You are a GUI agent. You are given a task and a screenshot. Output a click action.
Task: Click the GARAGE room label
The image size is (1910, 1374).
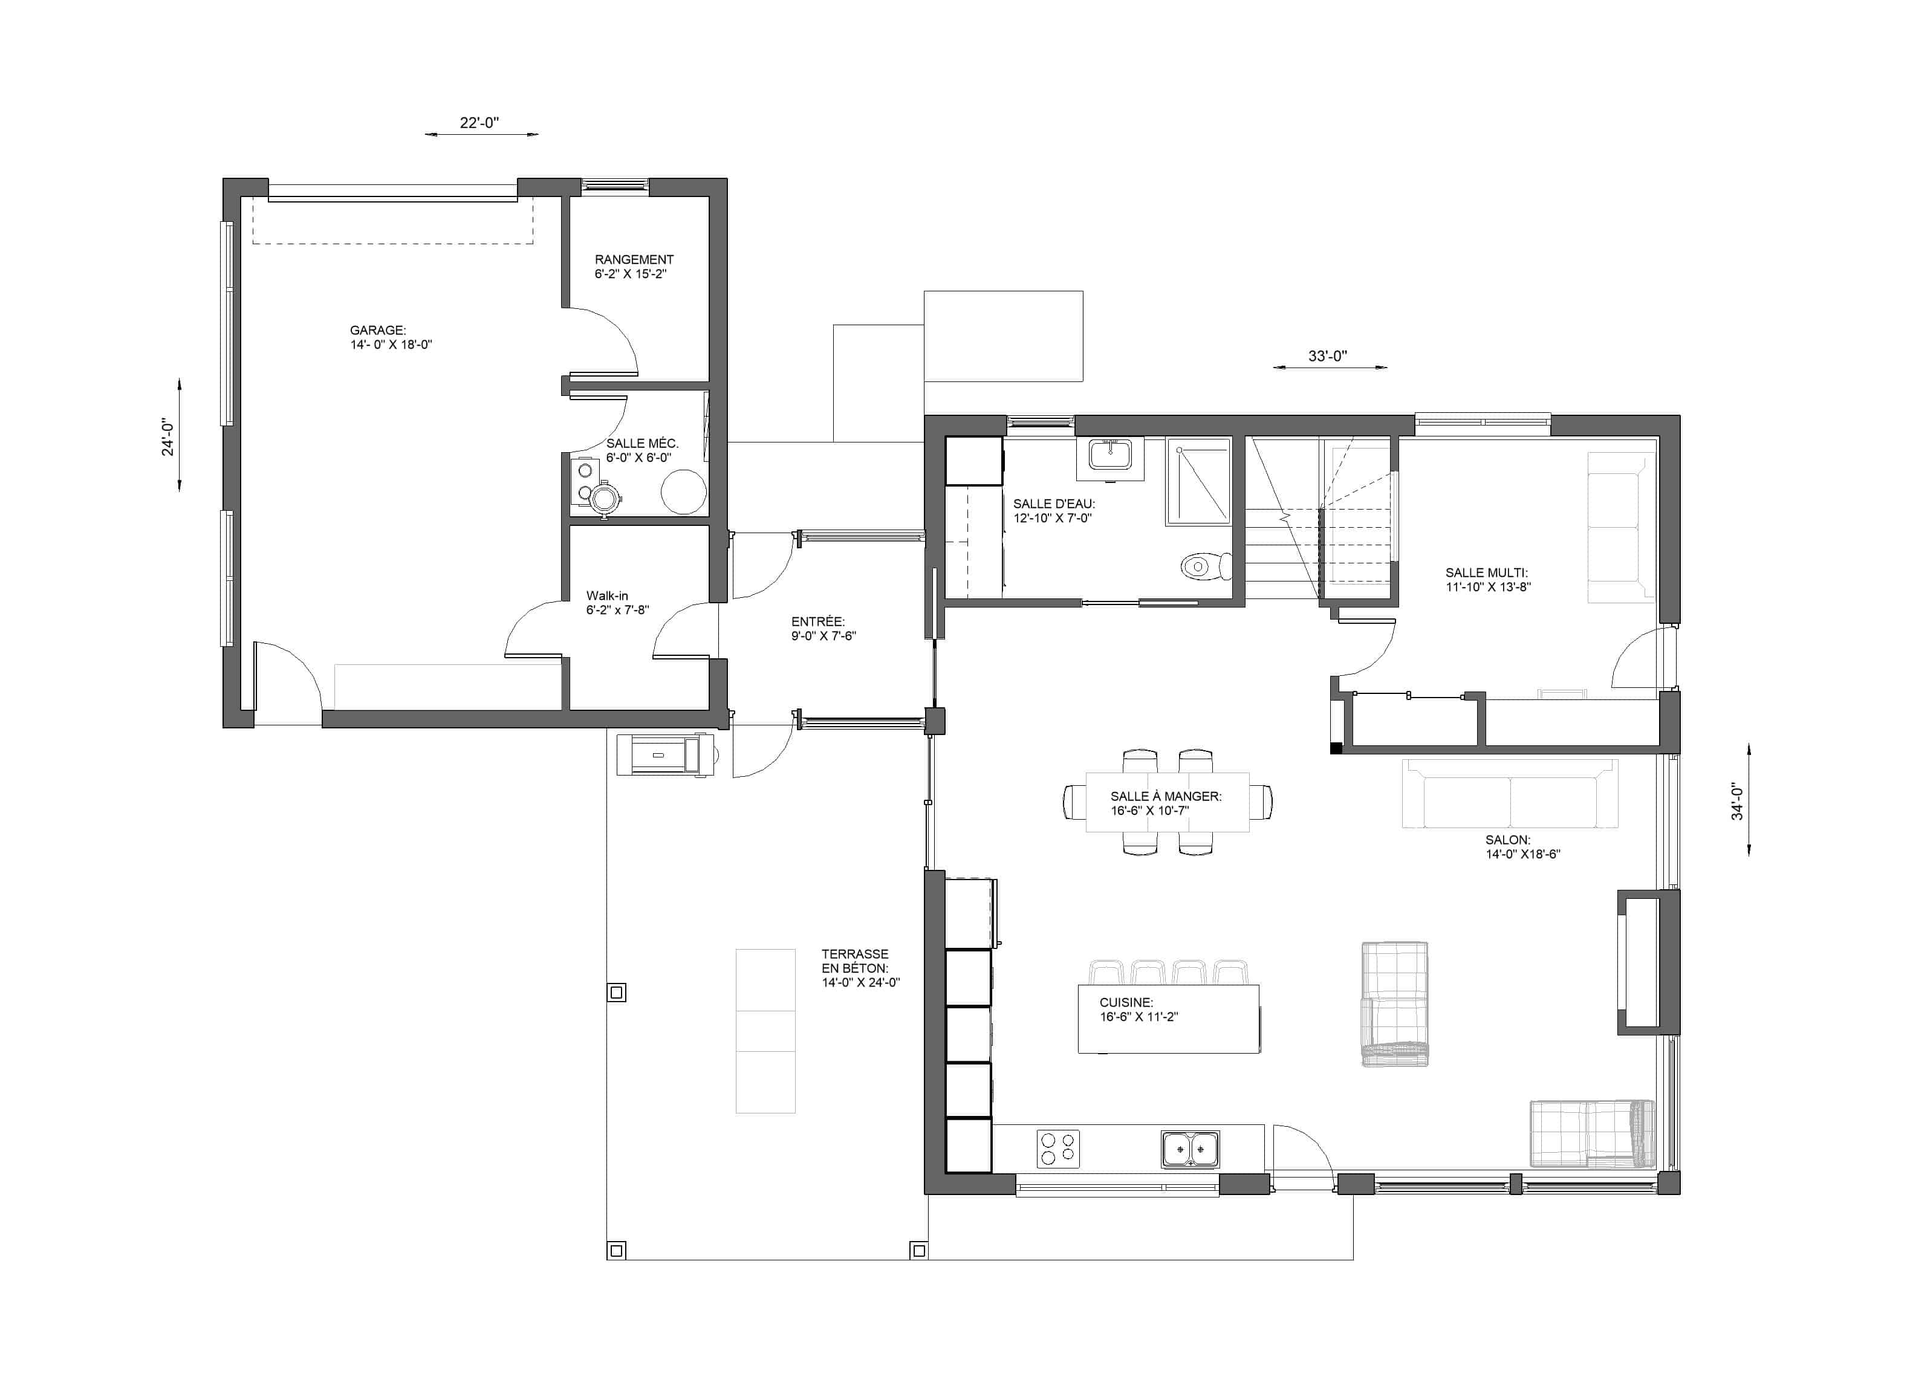point(378,330)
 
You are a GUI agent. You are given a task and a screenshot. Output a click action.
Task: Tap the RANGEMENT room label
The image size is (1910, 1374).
point(634,259)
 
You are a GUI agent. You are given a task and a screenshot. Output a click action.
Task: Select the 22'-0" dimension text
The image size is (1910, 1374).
point(479,123)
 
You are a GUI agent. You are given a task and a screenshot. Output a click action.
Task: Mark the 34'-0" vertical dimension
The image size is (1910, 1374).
point(1737,801)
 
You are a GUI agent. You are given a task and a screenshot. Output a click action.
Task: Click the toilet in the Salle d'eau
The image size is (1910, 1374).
point(1207,566)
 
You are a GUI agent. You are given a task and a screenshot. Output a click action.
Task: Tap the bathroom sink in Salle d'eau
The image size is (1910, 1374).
point(1110,459)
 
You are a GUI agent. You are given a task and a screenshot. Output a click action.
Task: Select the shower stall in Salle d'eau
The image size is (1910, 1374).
point(1198,482)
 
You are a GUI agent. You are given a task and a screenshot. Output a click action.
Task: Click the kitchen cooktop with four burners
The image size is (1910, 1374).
point(1057,1149)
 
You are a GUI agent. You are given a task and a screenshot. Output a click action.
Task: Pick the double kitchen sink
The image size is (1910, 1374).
point(1190,1149)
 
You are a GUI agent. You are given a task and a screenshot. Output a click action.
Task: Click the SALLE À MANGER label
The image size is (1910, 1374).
point(1166,797)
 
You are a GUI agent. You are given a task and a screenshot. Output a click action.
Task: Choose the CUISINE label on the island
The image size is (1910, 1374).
point(1126,1003)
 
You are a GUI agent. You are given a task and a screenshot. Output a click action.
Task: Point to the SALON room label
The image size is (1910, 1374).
point(1507,840)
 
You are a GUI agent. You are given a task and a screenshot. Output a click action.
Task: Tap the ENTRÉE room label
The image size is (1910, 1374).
point(817,621)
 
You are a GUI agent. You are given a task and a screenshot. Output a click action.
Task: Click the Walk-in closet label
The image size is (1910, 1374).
point(607,595)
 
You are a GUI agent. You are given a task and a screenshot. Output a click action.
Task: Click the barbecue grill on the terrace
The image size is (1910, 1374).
point(665,754)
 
